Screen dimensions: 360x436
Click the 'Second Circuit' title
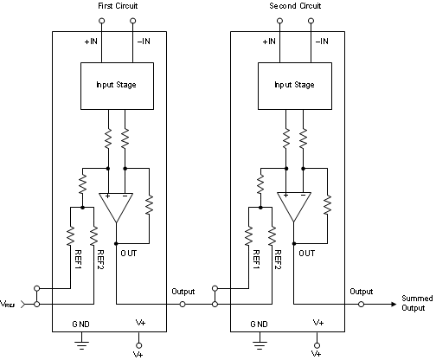pos(294,8)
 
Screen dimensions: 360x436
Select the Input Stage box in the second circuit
pos(294,86)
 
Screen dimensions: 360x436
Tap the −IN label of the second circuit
pos(320,41)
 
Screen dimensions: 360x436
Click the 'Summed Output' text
pos(416,303)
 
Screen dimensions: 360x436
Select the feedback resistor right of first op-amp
pos(150,205)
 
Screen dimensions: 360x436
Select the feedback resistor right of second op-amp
pos(328,205)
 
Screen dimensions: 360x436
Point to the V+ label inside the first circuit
pos(141,322)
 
